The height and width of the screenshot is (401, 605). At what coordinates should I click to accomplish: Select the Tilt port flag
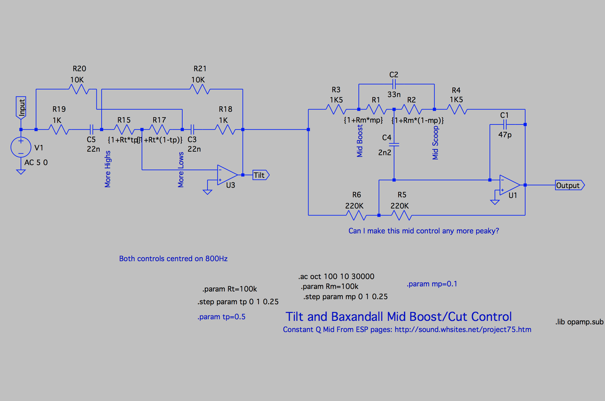(260, 175)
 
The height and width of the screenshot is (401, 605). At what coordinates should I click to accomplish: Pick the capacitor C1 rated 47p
(505, 124)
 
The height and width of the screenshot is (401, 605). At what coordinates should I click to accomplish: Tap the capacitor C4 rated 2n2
(394, 144)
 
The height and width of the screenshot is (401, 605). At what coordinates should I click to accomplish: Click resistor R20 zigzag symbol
(79, 90)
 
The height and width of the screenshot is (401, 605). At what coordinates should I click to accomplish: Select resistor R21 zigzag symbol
(199, 90)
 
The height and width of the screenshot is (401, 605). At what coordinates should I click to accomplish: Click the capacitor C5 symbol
(91, 129)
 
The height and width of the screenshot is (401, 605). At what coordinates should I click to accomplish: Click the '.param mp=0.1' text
(432, 284)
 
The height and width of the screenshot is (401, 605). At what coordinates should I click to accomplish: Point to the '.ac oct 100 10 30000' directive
(336, 276)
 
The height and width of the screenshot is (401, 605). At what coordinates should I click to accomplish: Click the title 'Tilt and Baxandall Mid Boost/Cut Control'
(399, 317)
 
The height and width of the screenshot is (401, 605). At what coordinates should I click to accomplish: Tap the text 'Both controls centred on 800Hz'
(173, 259)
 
